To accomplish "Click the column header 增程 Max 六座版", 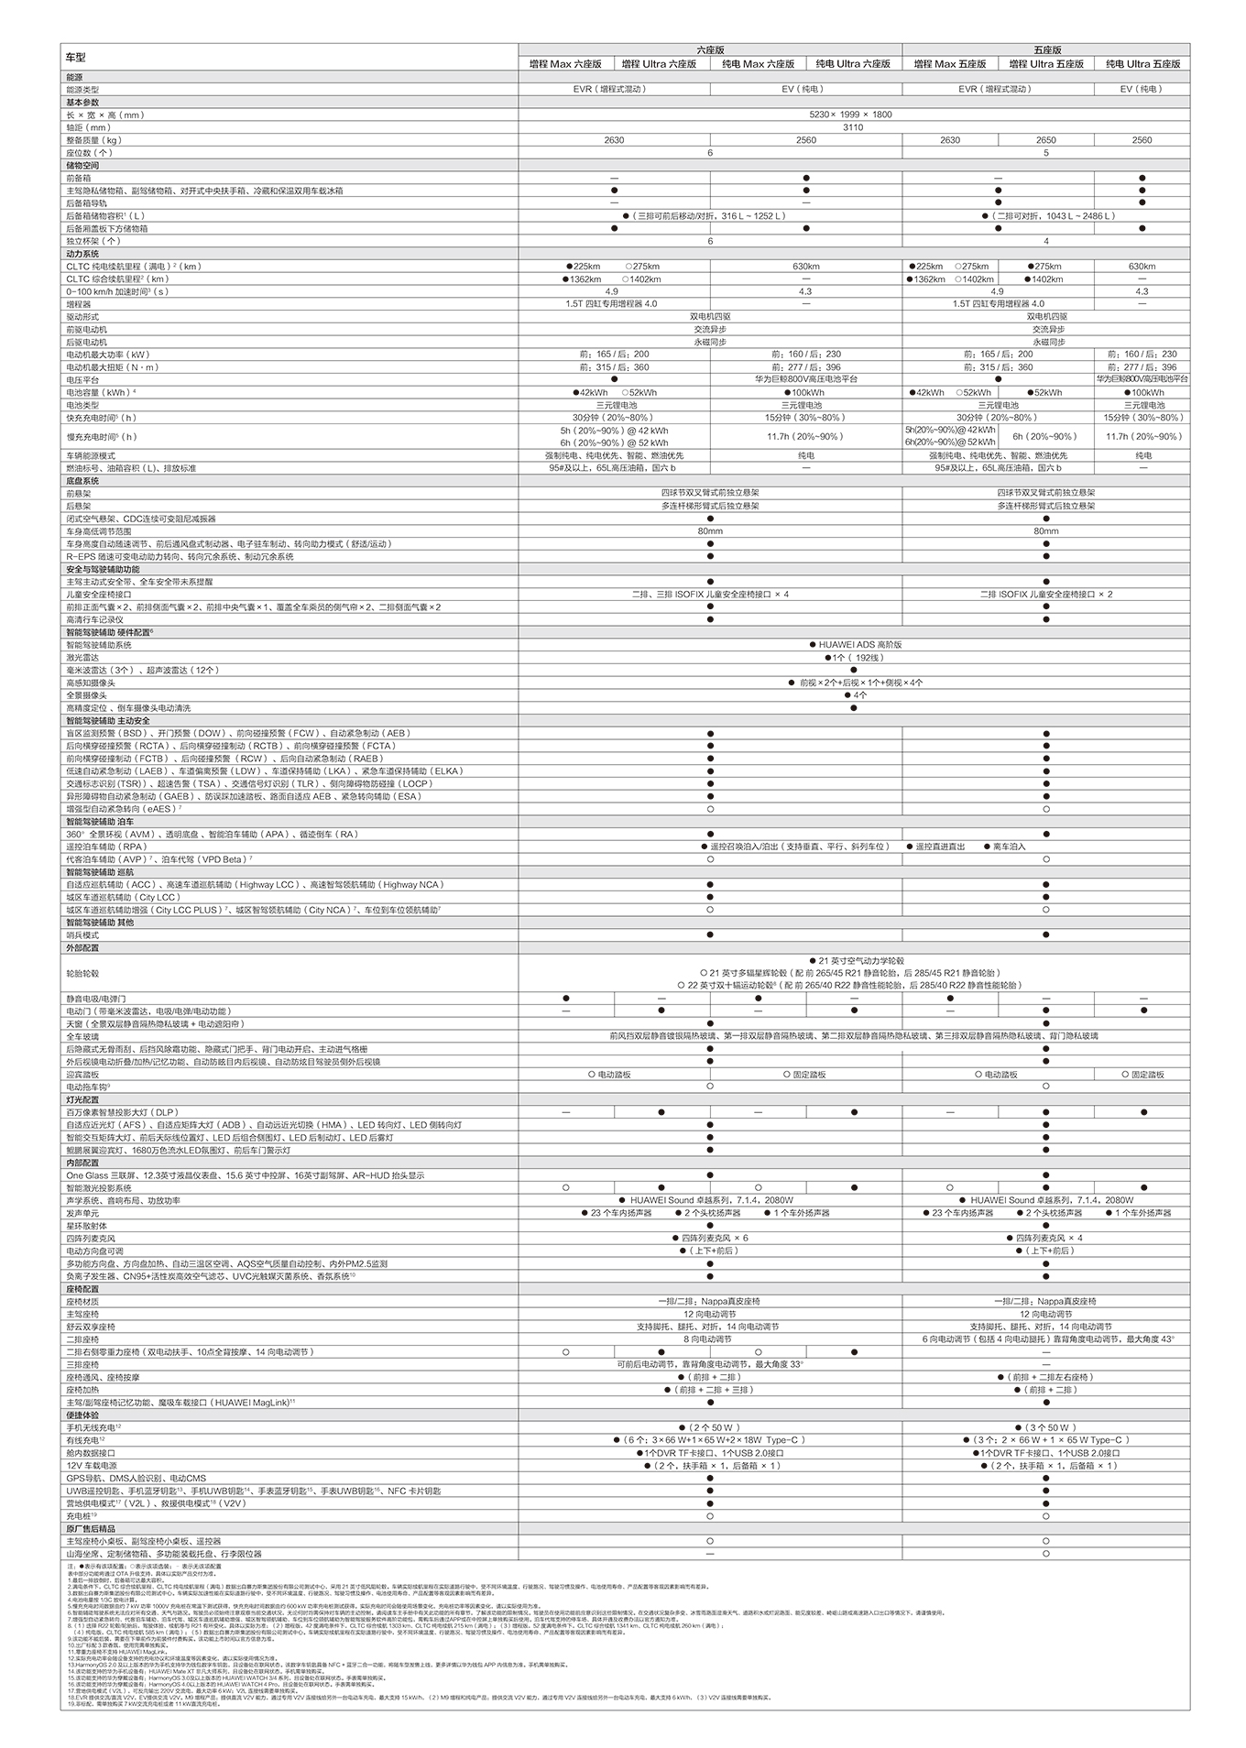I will [565, 64].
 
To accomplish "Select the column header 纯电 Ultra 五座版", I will [1142, 64].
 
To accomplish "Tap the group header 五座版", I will [1046, 49].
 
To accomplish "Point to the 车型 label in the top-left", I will [75, 57].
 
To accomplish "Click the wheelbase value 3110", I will [853, 127].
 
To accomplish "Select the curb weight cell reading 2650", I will [1045, 140].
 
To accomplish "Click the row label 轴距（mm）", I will [89, 127].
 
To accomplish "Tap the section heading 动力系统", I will [82, 254].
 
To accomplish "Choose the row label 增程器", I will [79, 303].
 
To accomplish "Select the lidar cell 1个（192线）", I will [853, 658].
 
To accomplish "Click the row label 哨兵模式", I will [82, 935].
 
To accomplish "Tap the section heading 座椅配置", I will [82, 1289].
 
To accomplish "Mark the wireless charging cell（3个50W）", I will [1045, 1427].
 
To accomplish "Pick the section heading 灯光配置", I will [82, 1099].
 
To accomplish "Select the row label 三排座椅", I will [82, 1364].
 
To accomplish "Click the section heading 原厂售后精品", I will [91, 1529].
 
